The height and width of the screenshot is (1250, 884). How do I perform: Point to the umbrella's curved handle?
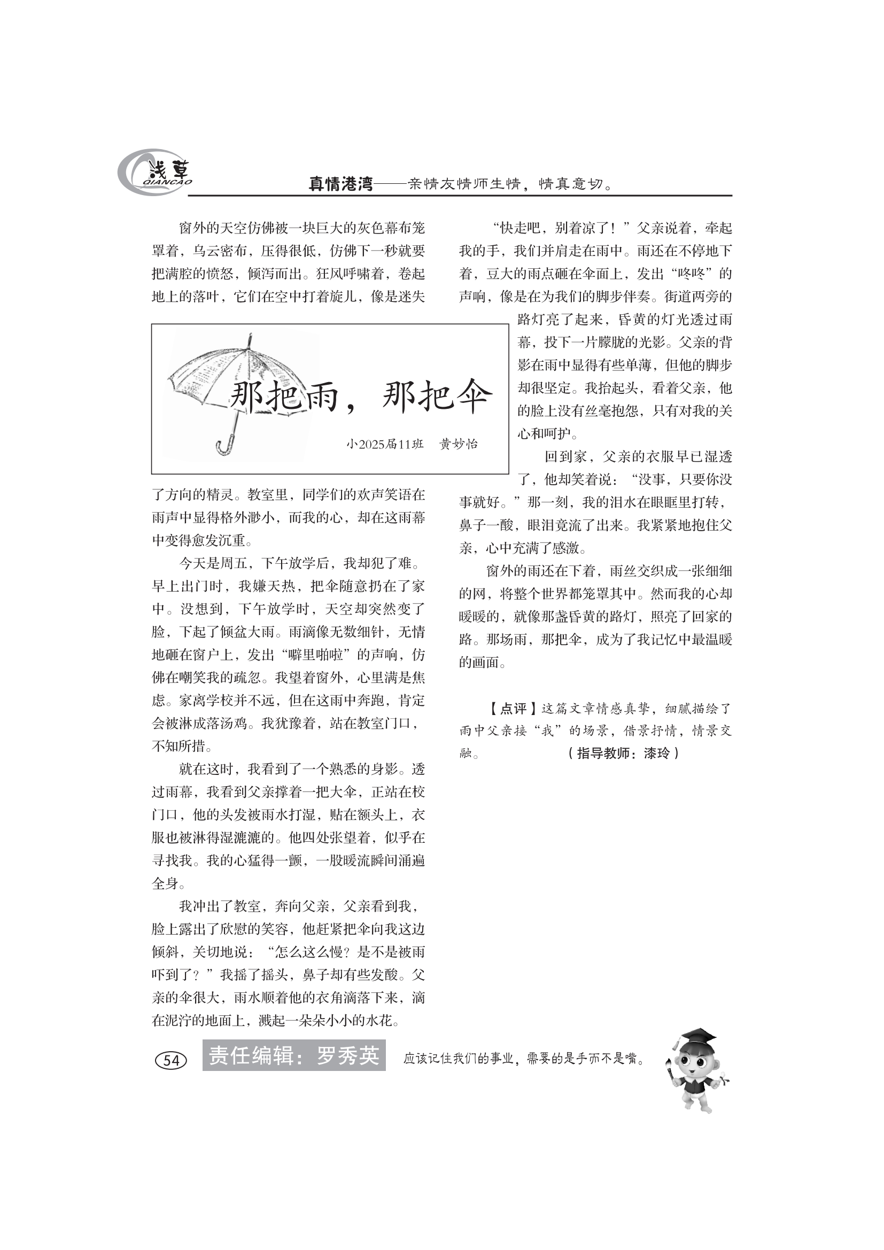227,443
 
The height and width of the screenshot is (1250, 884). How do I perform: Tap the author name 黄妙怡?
459,444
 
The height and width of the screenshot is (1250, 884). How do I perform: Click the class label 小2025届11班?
384,444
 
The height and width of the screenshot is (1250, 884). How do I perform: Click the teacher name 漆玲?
657,754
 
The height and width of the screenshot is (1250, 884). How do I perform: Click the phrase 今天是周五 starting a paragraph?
213,563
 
